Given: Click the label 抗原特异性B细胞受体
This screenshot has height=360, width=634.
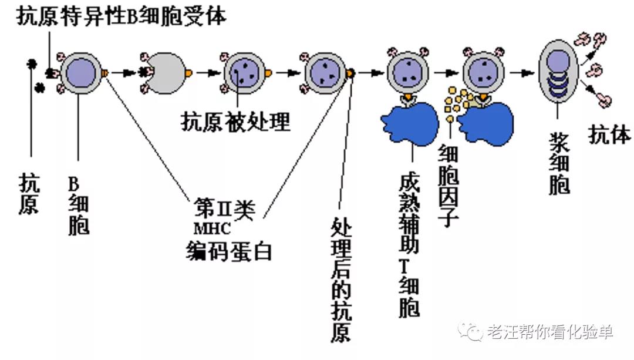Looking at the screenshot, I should click(x=121, y=16).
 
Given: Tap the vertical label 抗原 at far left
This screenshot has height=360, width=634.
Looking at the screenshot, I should click(x=29, y=193).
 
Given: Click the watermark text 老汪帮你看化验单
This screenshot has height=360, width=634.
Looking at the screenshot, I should click(x=549, y=332).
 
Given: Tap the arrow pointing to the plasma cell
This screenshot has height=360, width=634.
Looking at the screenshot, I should click(x=520, y=73).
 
